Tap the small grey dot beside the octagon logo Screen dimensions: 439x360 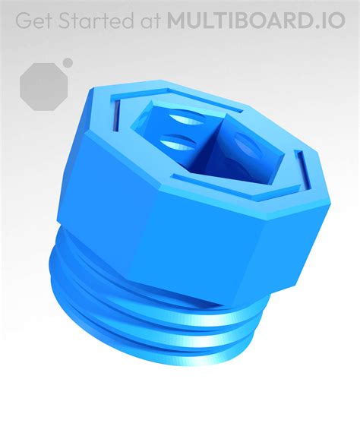pyautogui.click(x=68, y=63)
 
